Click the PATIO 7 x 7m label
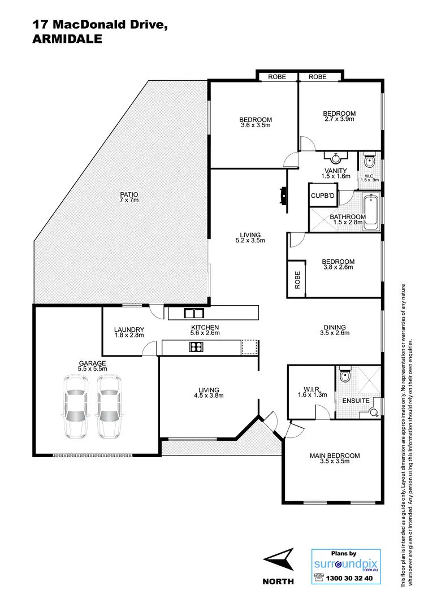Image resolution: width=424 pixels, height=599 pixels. pos(129,198)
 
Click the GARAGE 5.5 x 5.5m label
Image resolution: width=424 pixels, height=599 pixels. pos(93,366)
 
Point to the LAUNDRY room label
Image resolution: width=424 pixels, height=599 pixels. pos(129,332)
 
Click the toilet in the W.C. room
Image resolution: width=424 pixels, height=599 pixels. pos(369,160)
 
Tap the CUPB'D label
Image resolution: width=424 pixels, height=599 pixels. pos(322,196)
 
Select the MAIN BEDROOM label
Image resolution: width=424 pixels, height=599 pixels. pos(334,458)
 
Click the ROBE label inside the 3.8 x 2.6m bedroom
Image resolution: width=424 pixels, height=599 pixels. pos(297,280)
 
